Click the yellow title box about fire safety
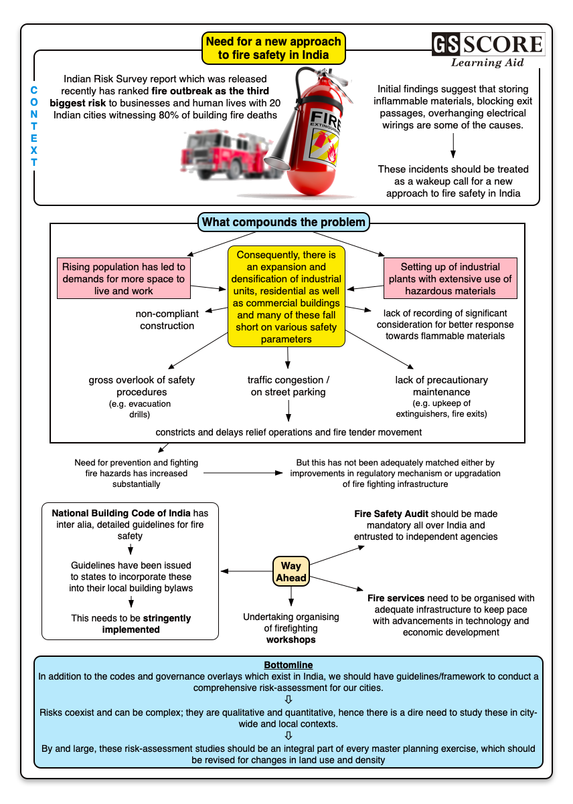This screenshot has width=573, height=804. (x=273, y=48)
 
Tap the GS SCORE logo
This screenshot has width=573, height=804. (x=487, y=45)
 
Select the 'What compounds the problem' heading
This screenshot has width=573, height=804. (x=284, y=222)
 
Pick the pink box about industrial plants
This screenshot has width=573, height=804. (x=450, y=278)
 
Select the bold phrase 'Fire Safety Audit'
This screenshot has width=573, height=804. (x=391, y=514)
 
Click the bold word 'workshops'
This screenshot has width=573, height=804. (x=291, y=639)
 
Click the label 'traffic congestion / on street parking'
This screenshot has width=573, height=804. (x=289, y=386)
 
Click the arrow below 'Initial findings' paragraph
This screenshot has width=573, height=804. (x=453, y=144)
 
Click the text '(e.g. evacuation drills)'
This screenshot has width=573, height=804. (x=140, y=409)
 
